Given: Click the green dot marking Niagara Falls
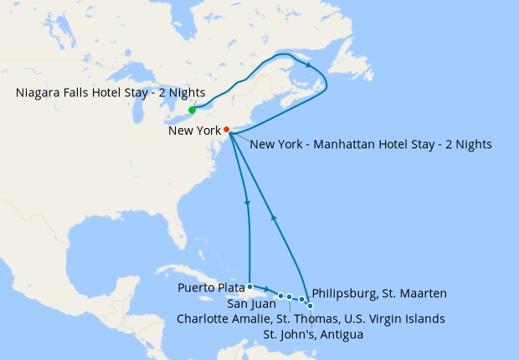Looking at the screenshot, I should pyautogui.click(x=192, y=110).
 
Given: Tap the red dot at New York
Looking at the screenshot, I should pyautogui.click(x=226, y=130).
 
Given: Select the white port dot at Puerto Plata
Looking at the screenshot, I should pyautogui.click(x=250, y=286).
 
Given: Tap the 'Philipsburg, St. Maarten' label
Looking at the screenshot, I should pyautogui.click(x=378, y=293).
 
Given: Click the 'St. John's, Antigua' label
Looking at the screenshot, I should pyautogui.click(x=313, y=335).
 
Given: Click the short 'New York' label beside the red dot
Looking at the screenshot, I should pyautogui.click(x=194, y=131).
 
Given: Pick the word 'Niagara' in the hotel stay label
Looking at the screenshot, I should pyautogui.click(x=39, y=92).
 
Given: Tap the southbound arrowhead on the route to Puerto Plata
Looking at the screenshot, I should pyautogui.click(x=247, y=204).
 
